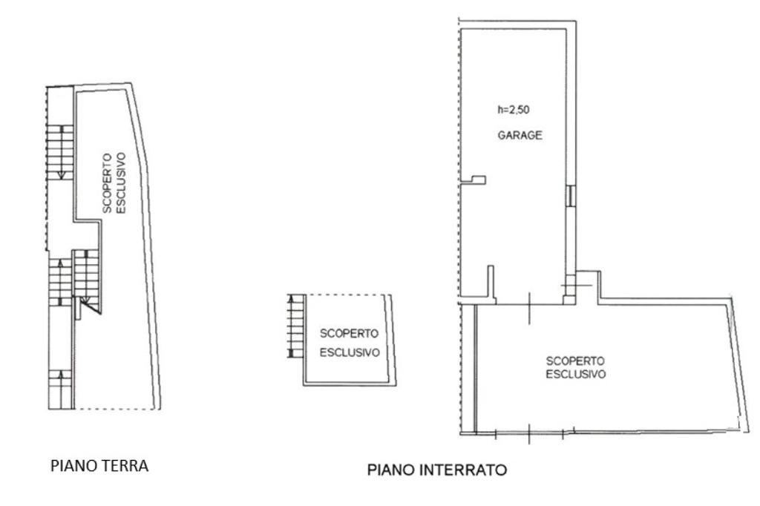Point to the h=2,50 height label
[x=514, y=110]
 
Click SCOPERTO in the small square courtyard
[x=349, y=333]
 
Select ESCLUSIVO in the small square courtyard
[x=349, y=352]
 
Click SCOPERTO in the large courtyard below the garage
[x=575, y=361]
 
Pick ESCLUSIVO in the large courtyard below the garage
[x=575, y=375]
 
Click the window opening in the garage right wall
[x=569, y=195]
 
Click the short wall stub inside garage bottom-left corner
[x=491, y=283]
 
